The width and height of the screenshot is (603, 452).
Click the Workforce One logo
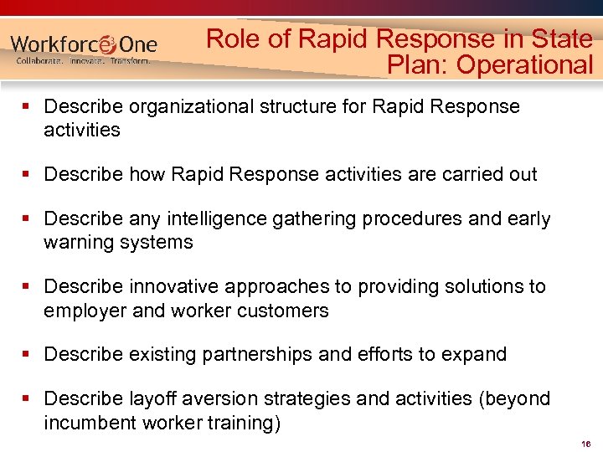pyautogui.click(x=84, y=44)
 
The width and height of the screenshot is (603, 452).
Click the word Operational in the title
pyautogui.click(x=524, y=64)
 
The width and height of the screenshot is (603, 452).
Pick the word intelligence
pyautogui.click(x=211, y=219)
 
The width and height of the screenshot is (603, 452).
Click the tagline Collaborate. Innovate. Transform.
pyautogui.click(x=84, y=61)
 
